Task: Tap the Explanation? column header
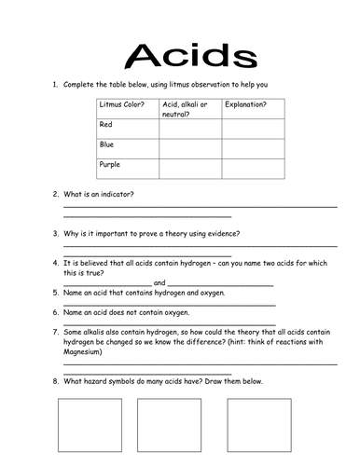pos(245,104)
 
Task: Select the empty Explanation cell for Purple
pos(252,169)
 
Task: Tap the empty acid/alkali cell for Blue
pos(189,148)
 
